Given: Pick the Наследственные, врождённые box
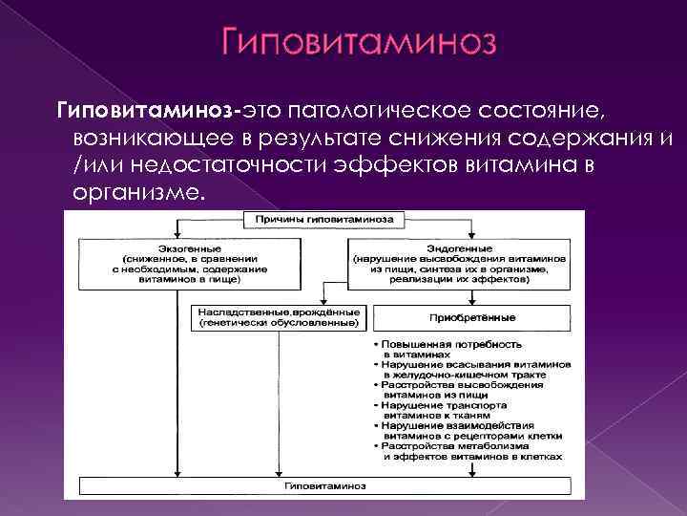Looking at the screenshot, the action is (279, 318).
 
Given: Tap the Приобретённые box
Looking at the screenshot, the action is (472, 317).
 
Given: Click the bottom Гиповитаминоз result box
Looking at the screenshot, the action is (323, 486).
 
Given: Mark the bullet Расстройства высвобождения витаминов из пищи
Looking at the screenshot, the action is (468, 390).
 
